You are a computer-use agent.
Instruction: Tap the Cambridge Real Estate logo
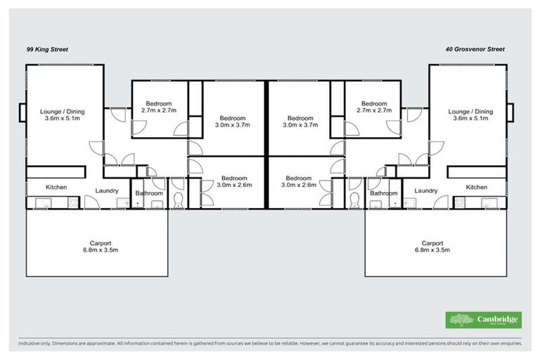coord(484,319)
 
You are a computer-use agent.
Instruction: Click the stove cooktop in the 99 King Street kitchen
coord(70,202)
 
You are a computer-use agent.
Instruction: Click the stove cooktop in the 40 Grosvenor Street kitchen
coord(461,202)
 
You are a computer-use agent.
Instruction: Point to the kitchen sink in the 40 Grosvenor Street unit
coord(491,203)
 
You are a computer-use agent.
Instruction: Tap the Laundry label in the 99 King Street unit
coord(107,191)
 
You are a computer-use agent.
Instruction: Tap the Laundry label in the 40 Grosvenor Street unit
coord(426,191)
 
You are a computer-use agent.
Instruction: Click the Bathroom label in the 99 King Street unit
coord(149,193)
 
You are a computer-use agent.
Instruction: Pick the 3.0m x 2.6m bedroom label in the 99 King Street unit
coord(233,182)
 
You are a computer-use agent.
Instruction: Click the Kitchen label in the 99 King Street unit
coord(56,188)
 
